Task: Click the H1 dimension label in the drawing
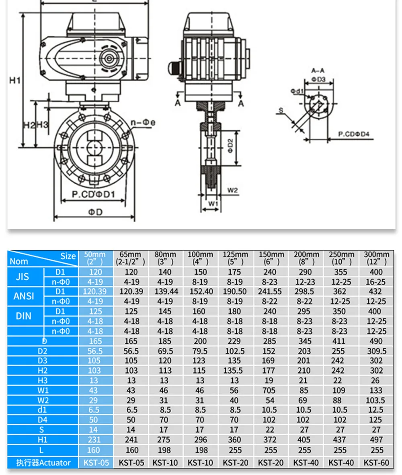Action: [15, 81]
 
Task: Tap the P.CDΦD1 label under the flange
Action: [94, 195]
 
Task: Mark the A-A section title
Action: [318, 70]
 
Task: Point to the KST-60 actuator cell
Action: [376, 463]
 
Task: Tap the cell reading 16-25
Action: [376, 282]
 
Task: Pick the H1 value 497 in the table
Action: [376, 440]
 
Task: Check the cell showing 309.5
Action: [376, 351]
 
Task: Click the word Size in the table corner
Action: [68, 256]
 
